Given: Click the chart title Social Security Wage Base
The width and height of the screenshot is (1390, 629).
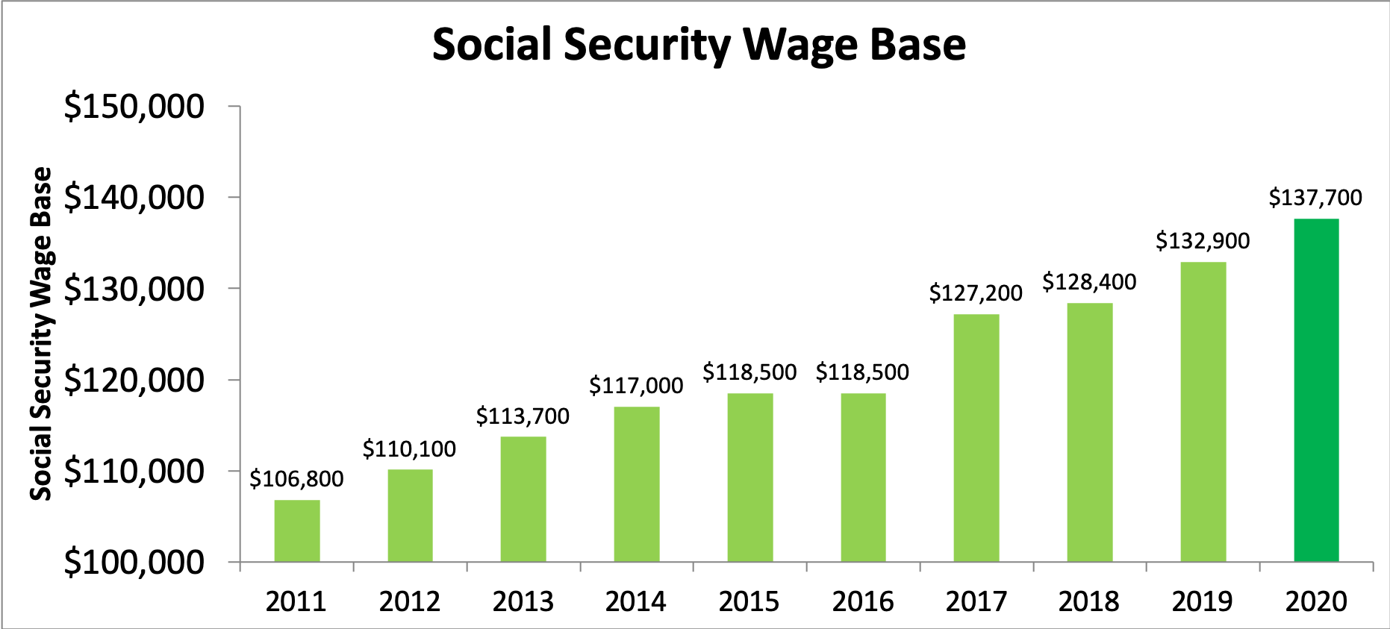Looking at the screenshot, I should (699, 45).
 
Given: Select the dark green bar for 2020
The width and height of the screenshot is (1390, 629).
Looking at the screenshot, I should (1316, 390).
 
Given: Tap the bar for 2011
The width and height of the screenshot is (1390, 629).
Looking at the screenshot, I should (297, 531).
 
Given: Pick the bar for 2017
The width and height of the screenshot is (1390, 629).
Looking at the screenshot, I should (976, 438).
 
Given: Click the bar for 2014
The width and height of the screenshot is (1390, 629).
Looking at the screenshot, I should (637, 484).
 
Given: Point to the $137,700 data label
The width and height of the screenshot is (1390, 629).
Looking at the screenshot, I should (1315, 198).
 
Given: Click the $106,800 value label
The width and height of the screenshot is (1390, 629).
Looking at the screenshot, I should (296, 479).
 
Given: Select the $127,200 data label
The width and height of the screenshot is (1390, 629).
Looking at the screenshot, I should (976, 293).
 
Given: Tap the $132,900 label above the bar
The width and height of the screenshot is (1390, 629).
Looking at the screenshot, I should (1203, 241).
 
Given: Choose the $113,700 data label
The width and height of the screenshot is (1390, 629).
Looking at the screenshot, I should (523, 416).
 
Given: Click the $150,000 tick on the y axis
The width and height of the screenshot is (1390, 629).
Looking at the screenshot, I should (134, 107).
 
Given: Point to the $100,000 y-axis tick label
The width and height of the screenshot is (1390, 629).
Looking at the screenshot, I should (134, 563).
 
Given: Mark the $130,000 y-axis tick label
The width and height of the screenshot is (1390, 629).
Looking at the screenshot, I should (134, 290).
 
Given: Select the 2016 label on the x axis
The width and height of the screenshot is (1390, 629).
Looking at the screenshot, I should (863, 601).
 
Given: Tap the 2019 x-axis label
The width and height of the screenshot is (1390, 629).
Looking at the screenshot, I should (1203, 601).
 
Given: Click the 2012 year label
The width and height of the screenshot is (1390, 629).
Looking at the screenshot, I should (410, 601).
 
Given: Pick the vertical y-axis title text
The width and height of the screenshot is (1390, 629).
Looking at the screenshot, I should (41, 334).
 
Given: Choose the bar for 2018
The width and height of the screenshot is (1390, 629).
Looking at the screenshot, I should (1089, 432).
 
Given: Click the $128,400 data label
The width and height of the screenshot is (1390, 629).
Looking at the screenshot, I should (1089, 282).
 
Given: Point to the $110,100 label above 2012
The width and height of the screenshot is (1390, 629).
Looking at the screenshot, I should (409, 449).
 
